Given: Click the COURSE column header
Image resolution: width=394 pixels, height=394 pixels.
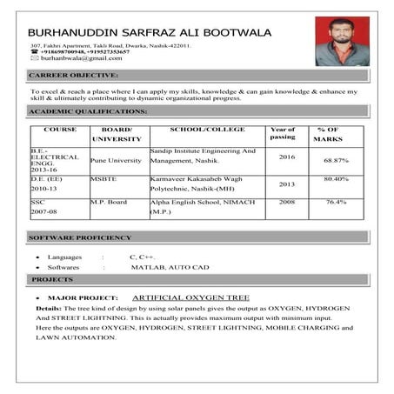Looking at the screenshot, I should coord(60,130).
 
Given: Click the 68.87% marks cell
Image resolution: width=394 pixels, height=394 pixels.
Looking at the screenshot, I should coord(336,161).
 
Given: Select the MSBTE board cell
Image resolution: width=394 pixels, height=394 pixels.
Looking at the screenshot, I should coord(104,177).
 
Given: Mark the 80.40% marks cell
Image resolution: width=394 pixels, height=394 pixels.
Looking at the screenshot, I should coord(336,178).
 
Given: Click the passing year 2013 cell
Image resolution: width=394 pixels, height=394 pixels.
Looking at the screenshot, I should coord(287,184).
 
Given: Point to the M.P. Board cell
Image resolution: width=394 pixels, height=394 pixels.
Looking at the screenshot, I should coord(110,202).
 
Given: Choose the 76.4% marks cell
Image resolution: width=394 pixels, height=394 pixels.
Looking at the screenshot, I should coord(336,202).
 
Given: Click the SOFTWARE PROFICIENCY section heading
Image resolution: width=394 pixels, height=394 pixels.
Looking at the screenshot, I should coord(79,237).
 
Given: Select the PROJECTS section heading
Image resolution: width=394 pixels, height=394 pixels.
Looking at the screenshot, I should coord(52,279).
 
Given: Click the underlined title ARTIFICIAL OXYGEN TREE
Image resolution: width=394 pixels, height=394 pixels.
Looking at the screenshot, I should coord(197,297).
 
